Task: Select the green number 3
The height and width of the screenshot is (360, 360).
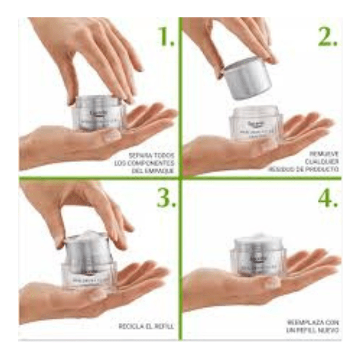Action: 166,199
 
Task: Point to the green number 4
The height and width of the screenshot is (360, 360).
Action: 327,199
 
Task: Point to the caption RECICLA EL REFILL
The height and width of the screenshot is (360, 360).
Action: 146,326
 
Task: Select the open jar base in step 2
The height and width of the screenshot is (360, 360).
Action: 256,123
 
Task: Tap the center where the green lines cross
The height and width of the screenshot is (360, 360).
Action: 179,178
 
